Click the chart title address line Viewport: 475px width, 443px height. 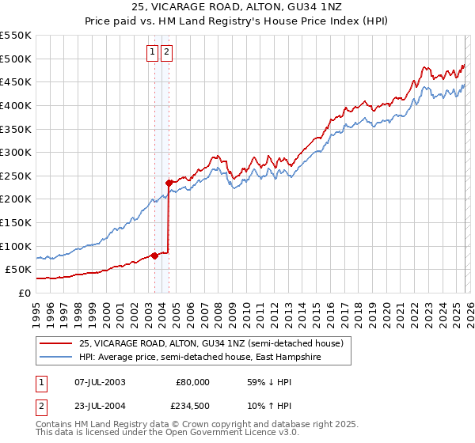pyautogui.click(x=237, y=9)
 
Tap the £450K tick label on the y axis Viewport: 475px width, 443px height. pyautogui.click(x=16, y=81)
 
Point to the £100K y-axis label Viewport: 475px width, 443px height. pyautogui.click(x=16, y=246)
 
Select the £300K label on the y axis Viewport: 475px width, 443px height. pyautogui.click(x=16, y=152)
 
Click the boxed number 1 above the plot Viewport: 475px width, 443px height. pyautogui.click(x=152, y=53)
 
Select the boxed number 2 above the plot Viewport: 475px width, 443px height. pyautogui.click(x=168, y=53)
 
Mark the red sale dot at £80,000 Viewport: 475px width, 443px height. pyautogui.click(x=154, y=255)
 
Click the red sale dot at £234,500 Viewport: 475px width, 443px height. pyautogui.click(x=169, y=183)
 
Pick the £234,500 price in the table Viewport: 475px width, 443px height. pyautogui.click(x=192, y=407)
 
